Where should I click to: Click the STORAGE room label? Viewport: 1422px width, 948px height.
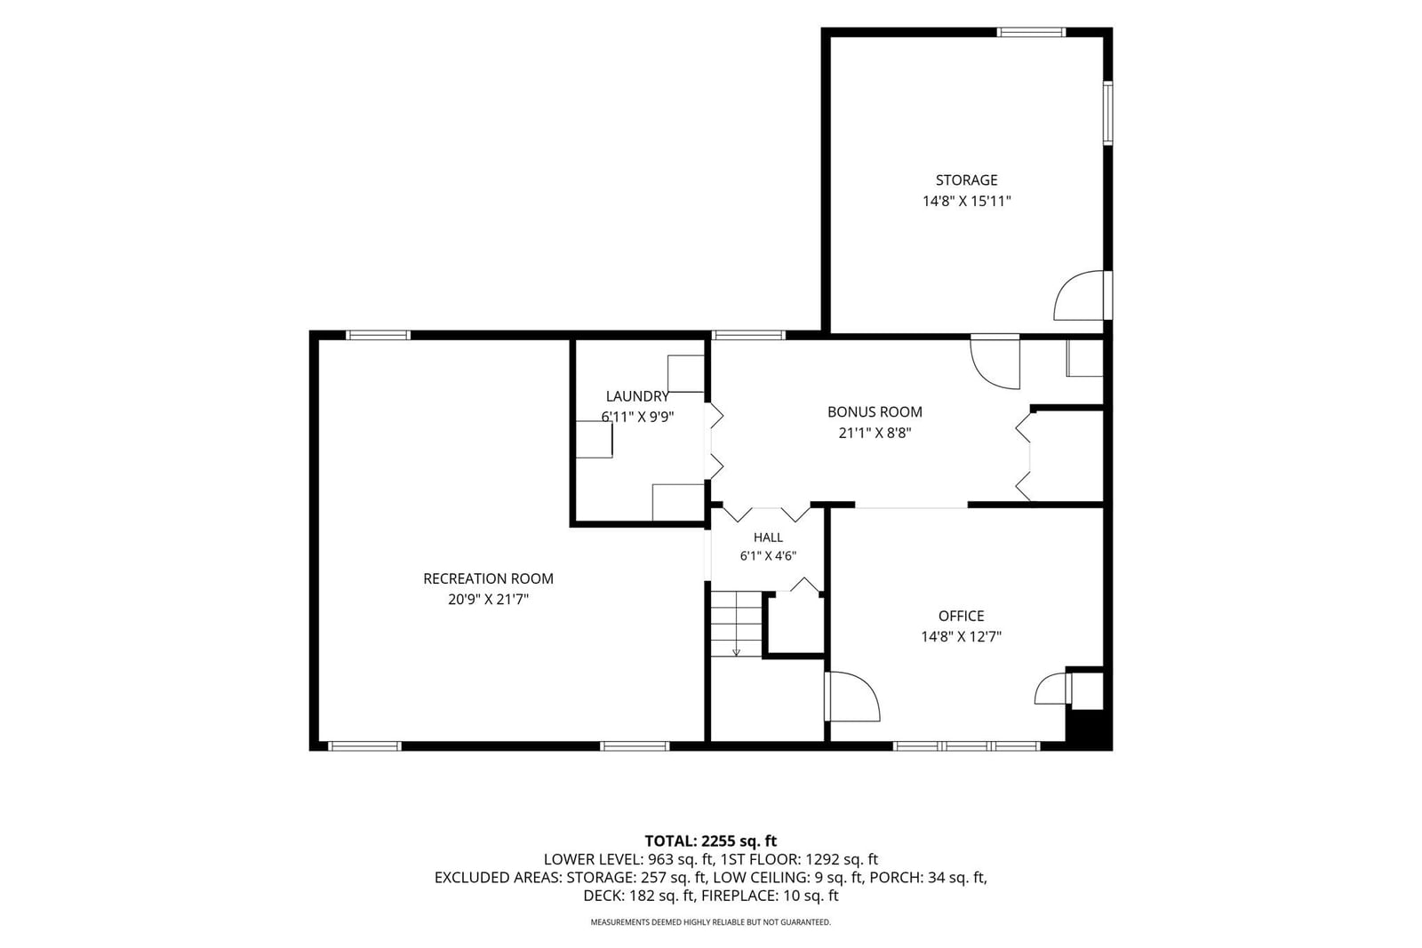coord(966,180)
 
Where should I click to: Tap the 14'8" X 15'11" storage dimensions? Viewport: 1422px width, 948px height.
coord(966,201)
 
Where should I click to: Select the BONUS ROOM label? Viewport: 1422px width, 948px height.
coord(875,412)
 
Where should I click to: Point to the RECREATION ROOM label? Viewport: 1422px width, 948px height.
coord(488,578)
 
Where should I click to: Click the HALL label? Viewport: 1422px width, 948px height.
coord(768,538)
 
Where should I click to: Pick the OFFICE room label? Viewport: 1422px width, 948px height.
coord(961,616)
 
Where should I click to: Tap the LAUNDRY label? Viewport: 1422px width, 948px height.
coord(637,396)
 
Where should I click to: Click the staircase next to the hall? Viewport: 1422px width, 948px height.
coord(737,624)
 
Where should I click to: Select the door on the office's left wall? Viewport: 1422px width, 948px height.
coord(852,697)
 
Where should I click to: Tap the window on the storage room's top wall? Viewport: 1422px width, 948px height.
coord(1030,32)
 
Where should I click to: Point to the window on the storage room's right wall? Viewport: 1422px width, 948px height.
coord(1107,113)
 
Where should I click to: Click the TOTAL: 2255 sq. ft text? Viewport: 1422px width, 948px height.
coord(710,841)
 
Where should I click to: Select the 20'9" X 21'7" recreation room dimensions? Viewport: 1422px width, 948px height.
coord(488,600)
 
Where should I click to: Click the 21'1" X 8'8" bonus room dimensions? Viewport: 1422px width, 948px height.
coord(875,433)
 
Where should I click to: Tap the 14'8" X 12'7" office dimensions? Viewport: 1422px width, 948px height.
coord(961,636)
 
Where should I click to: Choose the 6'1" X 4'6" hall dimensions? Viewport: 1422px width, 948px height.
coord(768,556)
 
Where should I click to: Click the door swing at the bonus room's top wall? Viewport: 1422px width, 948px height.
coord(995,363)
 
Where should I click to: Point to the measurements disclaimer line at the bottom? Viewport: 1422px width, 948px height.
coord(710,922)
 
